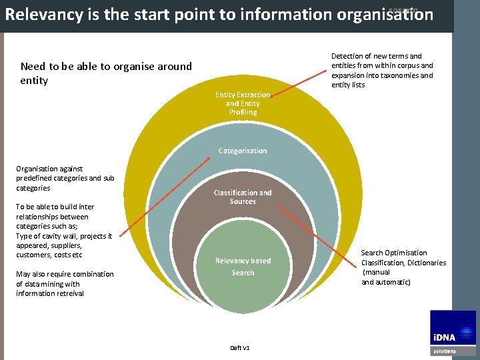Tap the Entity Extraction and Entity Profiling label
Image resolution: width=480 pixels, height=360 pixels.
coord(243,103)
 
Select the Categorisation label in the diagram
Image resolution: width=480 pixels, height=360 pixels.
coord(243,151)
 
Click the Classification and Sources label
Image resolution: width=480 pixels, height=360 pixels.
coord(243,197)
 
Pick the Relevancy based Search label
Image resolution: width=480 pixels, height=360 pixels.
coord(243,267)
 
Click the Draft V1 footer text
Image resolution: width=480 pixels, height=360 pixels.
coord(240,348)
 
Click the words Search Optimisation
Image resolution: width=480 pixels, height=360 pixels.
coord(394,253)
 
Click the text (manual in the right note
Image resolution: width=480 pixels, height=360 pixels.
coord(377,272)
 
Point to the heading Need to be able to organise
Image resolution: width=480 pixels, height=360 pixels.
coord(106,66)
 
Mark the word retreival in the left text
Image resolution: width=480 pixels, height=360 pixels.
coord(68,293)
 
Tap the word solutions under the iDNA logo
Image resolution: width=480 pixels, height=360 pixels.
coord(445,351)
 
